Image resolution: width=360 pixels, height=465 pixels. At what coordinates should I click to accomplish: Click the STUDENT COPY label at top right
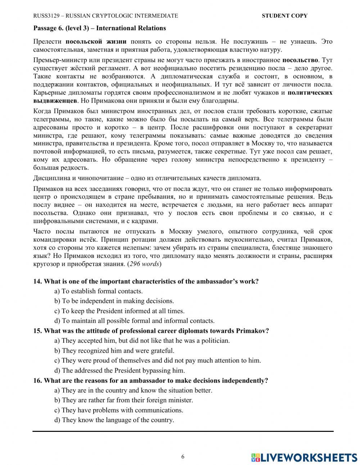tap(284, 16)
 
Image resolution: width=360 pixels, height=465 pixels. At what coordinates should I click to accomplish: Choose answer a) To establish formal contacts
tap(98, 291)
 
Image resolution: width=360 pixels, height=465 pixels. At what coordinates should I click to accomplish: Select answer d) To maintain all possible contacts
tap(134, 321)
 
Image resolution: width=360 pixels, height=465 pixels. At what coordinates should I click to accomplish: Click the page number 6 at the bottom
tap(183, 457)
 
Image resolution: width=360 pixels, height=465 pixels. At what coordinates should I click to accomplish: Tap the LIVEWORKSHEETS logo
tap(304, 457)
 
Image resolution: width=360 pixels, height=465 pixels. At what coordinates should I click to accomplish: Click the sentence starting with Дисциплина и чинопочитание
tap(147, 178)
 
